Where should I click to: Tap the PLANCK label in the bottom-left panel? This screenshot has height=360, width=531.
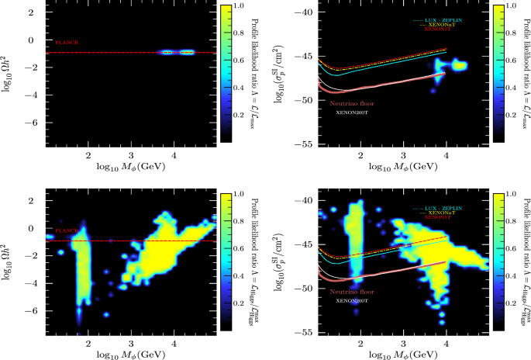(67, 231)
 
